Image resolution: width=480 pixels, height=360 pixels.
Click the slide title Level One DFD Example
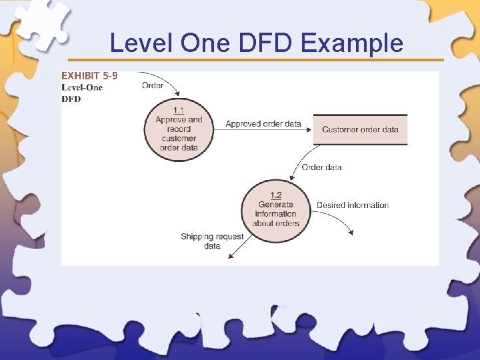256,43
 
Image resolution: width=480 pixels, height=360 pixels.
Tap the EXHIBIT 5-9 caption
89,76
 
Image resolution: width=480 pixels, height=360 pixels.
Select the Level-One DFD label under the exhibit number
82,93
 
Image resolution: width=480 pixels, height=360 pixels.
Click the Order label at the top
153,85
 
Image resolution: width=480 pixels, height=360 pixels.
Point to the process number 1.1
179,110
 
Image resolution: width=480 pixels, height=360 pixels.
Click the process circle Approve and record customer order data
179,131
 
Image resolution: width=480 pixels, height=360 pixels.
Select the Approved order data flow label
263,124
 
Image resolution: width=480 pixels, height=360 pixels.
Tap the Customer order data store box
360,129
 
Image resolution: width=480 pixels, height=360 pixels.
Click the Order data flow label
321,167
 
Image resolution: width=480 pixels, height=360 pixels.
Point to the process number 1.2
276,195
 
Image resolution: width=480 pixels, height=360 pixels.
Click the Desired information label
352,205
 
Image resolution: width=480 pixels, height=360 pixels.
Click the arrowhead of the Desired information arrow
351,233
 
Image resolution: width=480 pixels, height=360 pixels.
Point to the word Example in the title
352,43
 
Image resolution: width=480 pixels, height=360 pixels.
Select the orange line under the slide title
256,60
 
